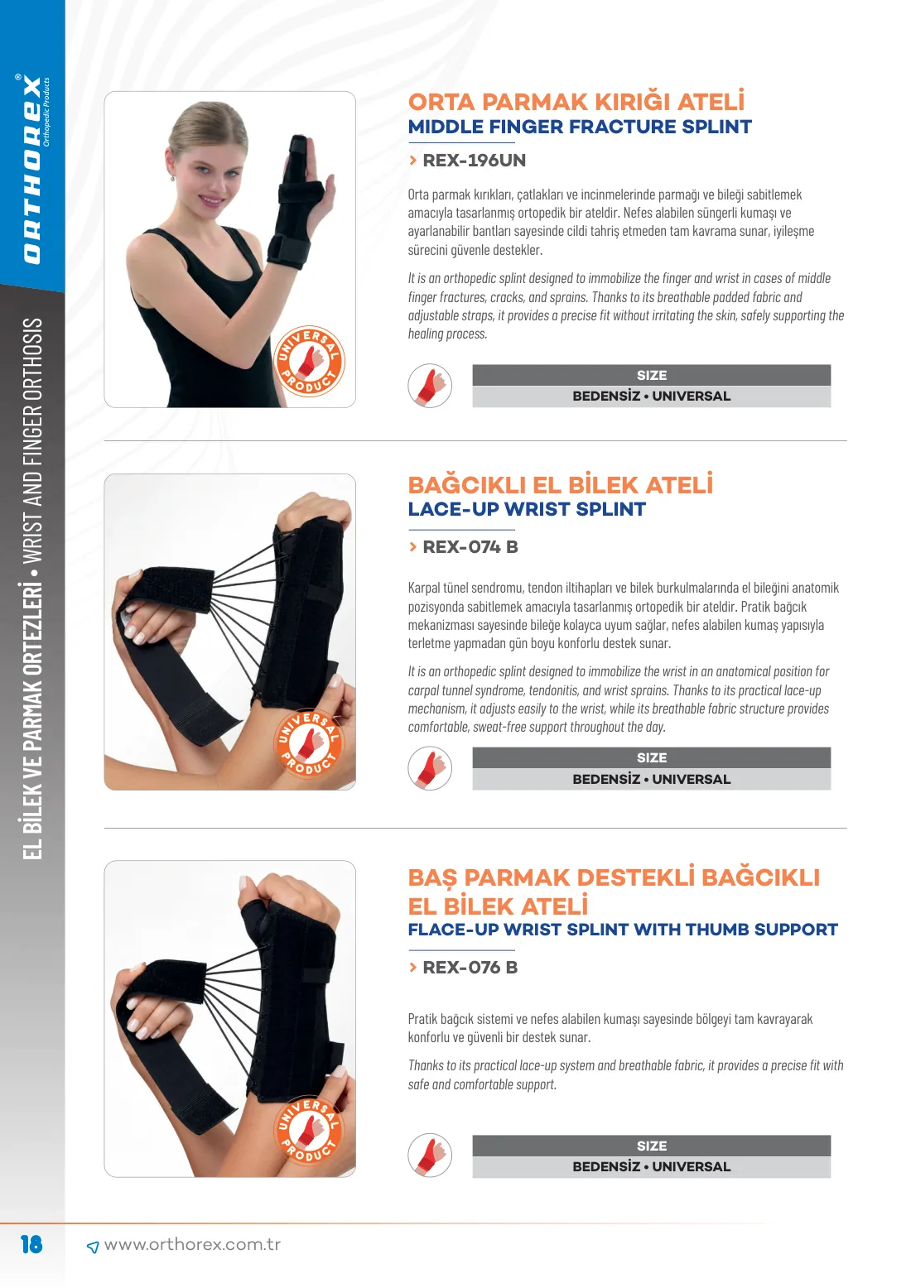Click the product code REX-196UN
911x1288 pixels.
[474, 161]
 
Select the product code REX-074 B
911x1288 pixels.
[470, 547]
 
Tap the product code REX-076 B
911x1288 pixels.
[470, 967]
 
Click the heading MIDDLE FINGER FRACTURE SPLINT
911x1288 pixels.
[580, 127]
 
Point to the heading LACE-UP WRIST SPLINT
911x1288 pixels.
[527, 509]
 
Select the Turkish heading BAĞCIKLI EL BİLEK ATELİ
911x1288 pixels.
[560, 484]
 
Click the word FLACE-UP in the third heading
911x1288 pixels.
[453, 930]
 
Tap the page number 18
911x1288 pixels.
[31, 1244]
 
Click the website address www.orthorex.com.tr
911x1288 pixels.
[192, 1244]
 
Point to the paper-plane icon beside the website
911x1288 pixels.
[92, 1247]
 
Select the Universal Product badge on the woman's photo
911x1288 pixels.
[309, 361]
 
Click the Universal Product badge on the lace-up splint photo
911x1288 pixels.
[309, 743]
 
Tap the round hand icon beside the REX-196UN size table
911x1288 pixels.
[430, 385]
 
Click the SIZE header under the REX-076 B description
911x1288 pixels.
[652, 1146]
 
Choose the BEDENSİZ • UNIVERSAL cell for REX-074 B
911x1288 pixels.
[652, 779]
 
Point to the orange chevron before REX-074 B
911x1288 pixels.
[412, 547]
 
